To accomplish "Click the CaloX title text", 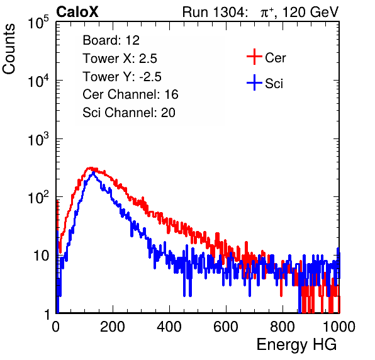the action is point(77,12).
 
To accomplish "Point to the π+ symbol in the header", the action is point(267,13).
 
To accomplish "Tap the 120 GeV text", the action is point(310,12).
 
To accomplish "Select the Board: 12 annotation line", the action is point(111,40).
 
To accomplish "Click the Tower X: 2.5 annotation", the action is point(120,59).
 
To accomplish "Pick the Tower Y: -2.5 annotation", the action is point(122,77).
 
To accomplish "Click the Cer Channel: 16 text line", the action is point(130,94).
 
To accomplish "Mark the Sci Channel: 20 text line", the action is point(129,113).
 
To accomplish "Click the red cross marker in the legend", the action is point(254,57).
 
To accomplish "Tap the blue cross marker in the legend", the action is point(254,83).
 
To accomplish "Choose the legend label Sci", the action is point(274,84).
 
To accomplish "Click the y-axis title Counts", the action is point(9,49).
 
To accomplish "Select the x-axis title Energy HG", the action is point(296,344).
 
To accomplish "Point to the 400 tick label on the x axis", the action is point(169,327).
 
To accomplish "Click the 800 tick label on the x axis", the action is point(283,327).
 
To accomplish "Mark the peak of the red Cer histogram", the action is point(90,168).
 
